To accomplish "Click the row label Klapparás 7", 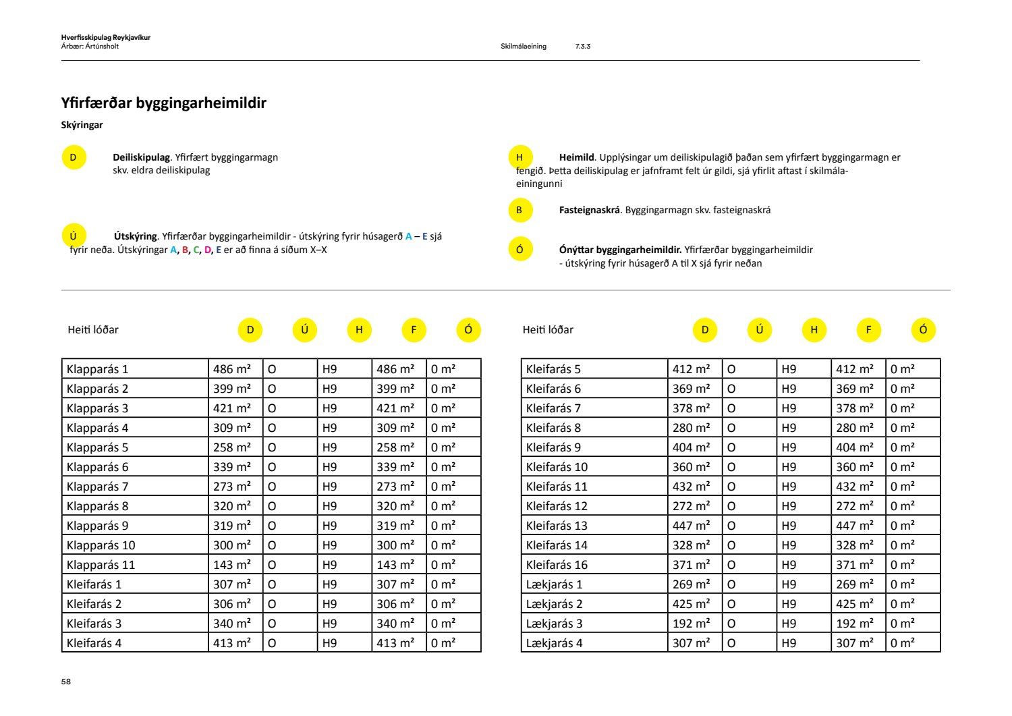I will [97, 487].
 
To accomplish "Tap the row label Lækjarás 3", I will [554, 624].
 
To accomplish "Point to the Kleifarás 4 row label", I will [94, 643].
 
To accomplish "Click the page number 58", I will [65, 682].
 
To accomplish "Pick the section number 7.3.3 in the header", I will [583, 47].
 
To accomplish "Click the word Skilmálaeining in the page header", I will [524, 47].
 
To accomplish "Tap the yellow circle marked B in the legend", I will [519, 210].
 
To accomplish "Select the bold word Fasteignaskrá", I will [589, 210].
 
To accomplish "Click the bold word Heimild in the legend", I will [576, 157].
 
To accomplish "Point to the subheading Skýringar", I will [82, 125].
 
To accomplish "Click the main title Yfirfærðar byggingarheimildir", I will [163, 103].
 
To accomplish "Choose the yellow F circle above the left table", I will [414, 330].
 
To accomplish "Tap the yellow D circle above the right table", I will [705, 330].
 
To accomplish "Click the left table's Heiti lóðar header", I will [93, 330].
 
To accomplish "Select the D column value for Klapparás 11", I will [231, 565].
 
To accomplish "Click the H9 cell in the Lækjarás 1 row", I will [789, 584].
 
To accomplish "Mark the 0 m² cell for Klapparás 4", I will [443, 428].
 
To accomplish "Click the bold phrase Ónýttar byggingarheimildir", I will [620, 250].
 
